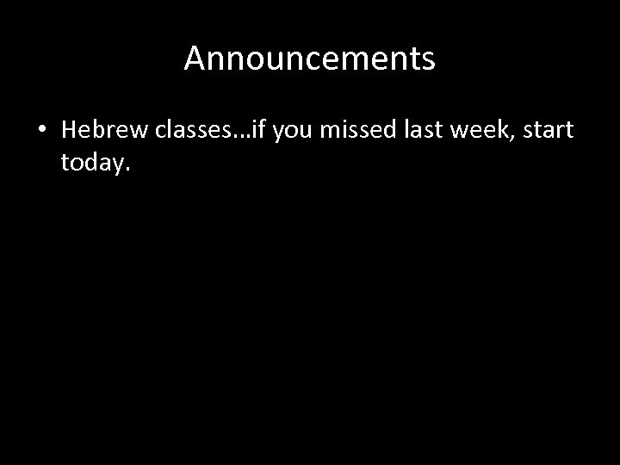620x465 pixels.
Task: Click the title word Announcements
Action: coord(309,59)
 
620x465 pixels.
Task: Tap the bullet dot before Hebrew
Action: coord(41,130)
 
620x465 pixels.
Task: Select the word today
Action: coord(93,164)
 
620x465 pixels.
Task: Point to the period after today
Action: coord(127,169)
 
